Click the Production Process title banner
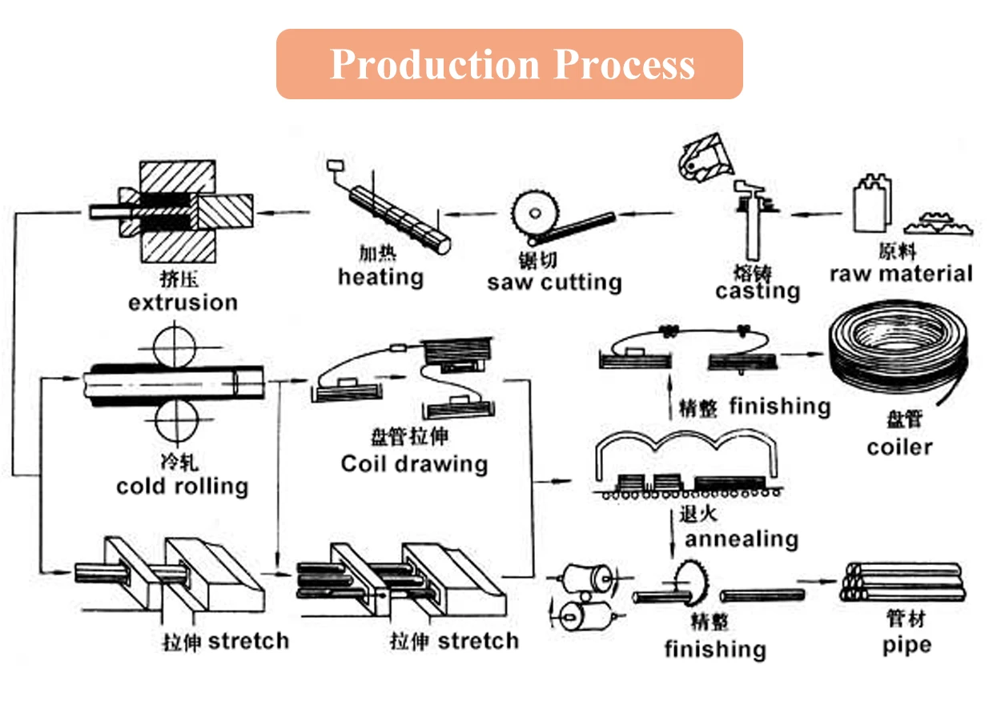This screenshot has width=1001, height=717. click(x=509, y=64)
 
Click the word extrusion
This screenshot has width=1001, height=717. click(x=183, y=302)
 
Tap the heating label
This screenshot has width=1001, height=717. click(x=380, y=278)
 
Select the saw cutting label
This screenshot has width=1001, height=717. click(x=554, y=282)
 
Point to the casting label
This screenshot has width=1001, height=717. click(x=758, y=290)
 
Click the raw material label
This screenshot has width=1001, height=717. click(x=901, y=274)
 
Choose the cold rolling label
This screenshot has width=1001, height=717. click(x=183, y=486)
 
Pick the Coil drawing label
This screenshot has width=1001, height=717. click(x=414, y=463)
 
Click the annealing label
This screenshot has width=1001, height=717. click(x=742, y=539)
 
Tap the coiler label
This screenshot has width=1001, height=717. click(x=899, y=446)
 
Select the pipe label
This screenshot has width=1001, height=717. click(x=907, y=645)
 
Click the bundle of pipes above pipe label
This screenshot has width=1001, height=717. click(x=902, y=583)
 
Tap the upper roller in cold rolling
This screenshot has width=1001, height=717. click(x=175, y=346)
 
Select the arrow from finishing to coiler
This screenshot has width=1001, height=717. click(x=805, y=354)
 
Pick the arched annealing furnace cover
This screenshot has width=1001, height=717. click(x=687, y=450)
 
